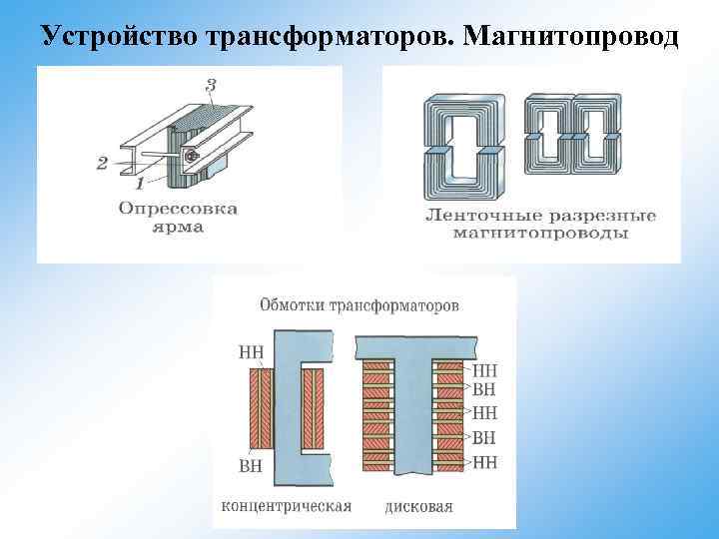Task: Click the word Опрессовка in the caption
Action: [x=179, y=209]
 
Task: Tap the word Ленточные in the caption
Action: [x=471, y=216]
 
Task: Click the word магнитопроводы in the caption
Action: [x=538, y=234]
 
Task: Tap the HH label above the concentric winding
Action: [x=252, y=350]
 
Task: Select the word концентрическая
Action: [x=286, y=506]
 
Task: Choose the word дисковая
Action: [x=418, y=506]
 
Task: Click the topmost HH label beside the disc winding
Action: [x=483, y=368]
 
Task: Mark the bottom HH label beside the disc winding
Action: [x=483, y=462]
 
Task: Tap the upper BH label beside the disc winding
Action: [x=483, y=389]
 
